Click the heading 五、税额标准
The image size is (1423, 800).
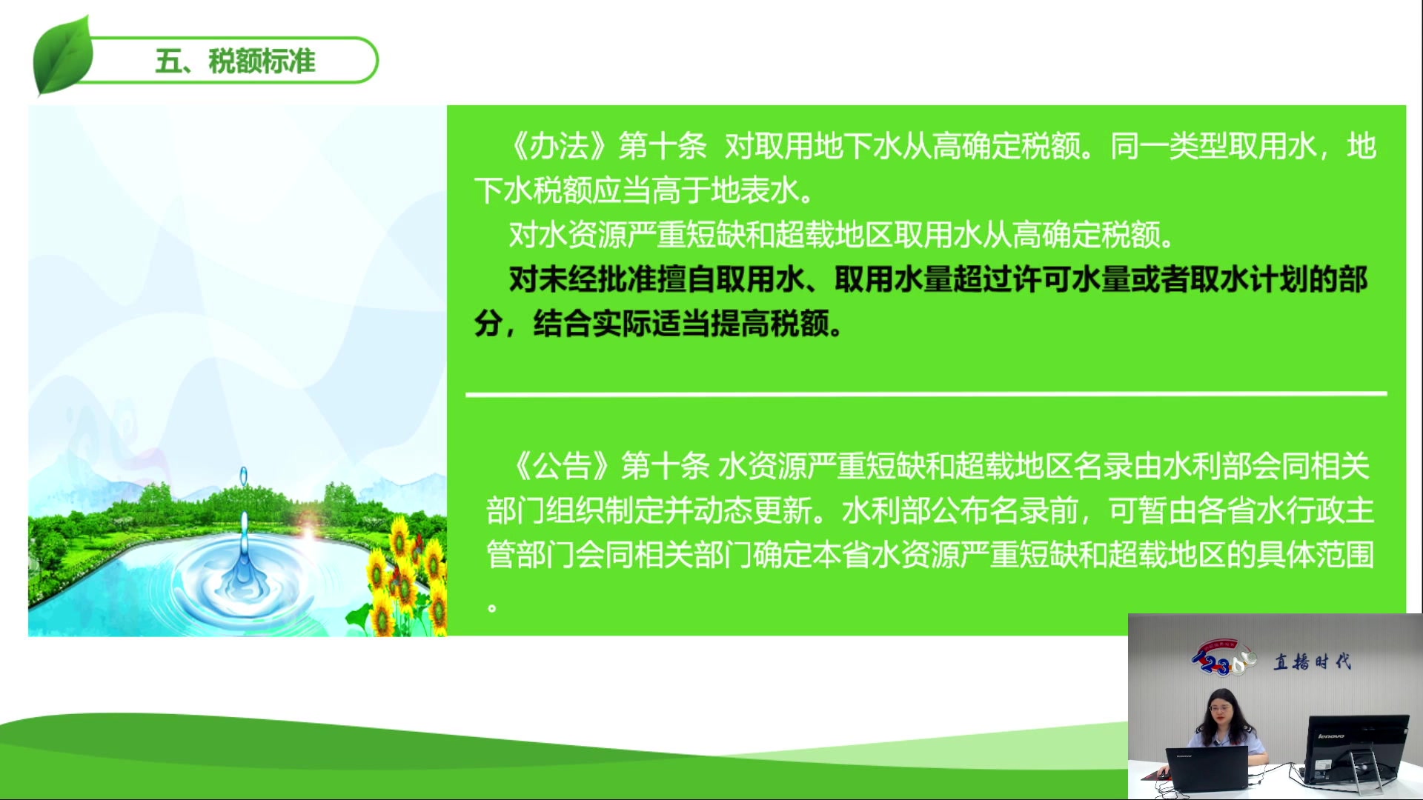(x=235, y=61)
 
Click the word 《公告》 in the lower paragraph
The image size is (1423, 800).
(x=561, y=466)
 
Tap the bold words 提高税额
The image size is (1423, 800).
(x=770, y=324)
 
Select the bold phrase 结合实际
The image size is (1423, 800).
(x=592, y=324)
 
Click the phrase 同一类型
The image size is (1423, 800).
(x=1169, y=146)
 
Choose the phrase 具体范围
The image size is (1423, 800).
(x=1316, y=555)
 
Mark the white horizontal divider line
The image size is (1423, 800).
(x=926, y=394)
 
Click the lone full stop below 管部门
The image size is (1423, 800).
(x=492, y=608)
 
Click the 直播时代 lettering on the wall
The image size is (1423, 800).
(x=1312, y=661)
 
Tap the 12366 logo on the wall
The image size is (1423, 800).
(x=1223, y=659)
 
